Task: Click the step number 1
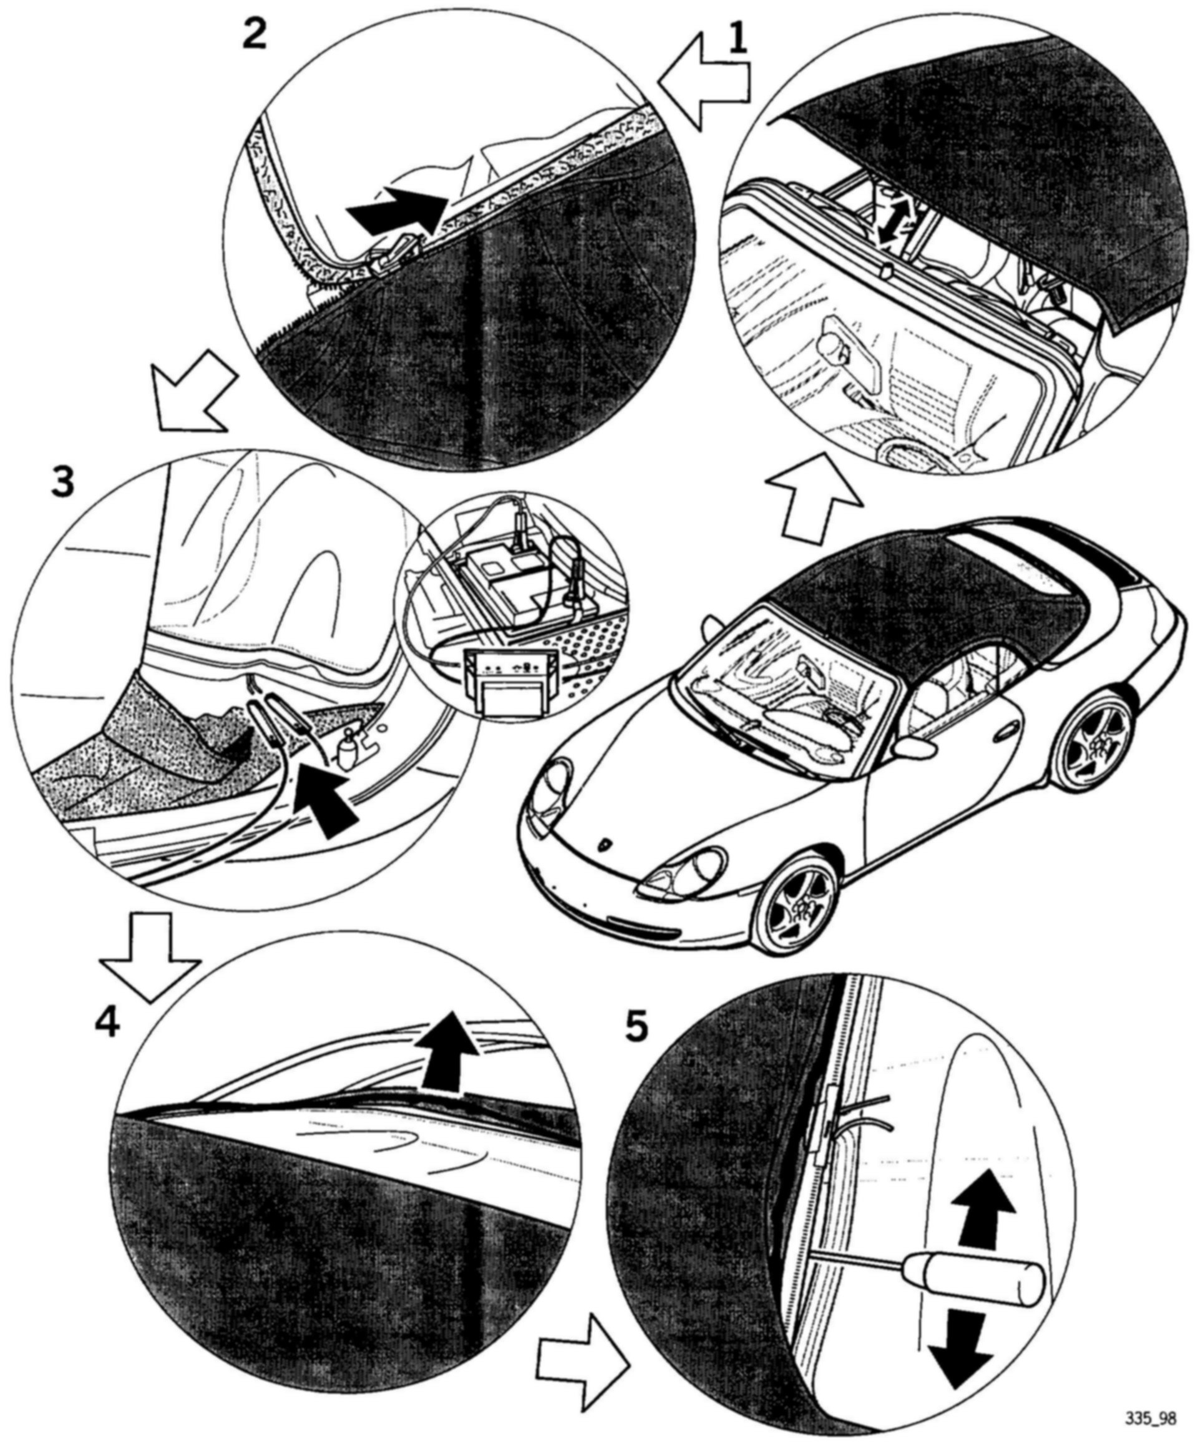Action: [x=738, y=40]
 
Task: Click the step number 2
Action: [x=255, y=33]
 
